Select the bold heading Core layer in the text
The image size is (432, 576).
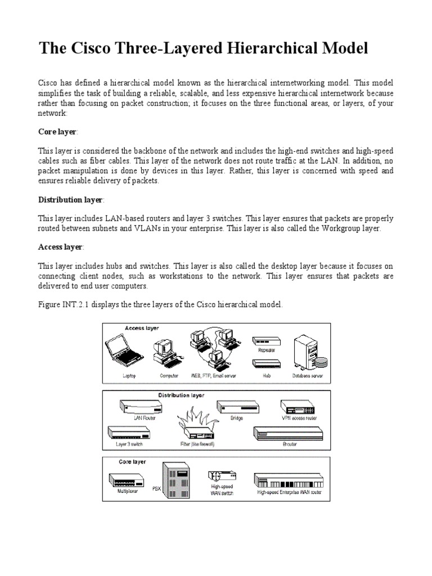(58, 131)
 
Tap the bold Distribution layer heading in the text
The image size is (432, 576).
(71, 200)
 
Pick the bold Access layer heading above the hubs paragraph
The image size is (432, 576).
(60, 247)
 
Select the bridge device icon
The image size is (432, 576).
(236, 407)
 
